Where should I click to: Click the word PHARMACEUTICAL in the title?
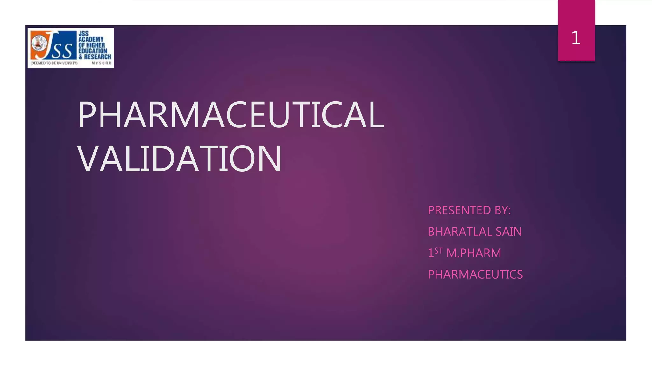coord(230,115)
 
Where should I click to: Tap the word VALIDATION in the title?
coord(180,159)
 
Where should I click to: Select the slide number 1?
coord(576,38)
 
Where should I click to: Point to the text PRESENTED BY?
coord(469,210)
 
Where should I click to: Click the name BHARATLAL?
coord(456,232)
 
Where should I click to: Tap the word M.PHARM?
coord(474,253)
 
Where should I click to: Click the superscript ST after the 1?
coord(438,251)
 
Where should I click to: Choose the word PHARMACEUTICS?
coord(475,274)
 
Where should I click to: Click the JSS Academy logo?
coord(71,48)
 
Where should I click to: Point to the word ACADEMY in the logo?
coord(91,39)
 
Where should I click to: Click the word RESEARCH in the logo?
coord(97,57)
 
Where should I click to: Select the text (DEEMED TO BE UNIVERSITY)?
coord(54,63)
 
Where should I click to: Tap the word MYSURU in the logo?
coord(101,63)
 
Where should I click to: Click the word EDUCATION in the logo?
coord(93,51)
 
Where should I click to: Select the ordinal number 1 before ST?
coord(430,253)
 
